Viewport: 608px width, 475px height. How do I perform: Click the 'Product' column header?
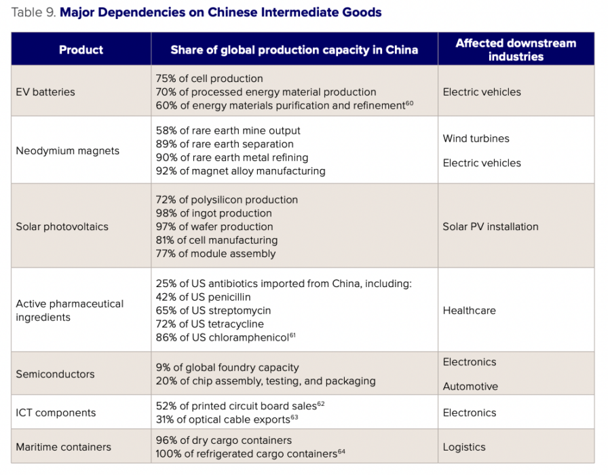point(81,50)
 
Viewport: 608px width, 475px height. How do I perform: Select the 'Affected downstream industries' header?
point(516,50)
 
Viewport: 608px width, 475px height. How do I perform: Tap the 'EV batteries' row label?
point(45,92)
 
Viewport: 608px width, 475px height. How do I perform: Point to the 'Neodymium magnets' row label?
point(67,151)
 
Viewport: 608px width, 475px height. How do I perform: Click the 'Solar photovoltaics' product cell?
point(62,227)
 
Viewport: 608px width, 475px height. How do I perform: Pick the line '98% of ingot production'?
point(214,213)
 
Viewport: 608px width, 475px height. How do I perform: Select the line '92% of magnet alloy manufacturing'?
point(240,171)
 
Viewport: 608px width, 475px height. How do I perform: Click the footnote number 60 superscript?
point(409,103)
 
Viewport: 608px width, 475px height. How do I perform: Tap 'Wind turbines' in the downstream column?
point(476,138)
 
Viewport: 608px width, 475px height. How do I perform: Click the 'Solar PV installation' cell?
point(490,227)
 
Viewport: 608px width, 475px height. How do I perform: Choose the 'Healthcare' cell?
point(469,310)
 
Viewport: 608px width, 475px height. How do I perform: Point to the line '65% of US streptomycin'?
point(213,310)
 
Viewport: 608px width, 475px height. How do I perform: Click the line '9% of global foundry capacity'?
point(227,367)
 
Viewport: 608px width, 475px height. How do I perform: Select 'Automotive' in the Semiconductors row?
point(470,386)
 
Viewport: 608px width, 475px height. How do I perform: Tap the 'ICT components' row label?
point(56,413)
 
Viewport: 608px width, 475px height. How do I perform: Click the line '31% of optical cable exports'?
point(223,419)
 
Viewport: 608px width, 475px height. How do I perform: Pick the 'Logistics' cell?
point(464,447)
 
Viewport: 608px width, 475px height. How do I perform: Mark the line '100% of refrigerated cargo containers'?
point(246,453)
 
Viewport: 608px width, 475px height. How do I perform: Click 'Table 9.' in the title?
point(33,12)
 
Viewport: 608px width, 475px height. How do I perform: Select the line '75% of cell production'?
point(209,79)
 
